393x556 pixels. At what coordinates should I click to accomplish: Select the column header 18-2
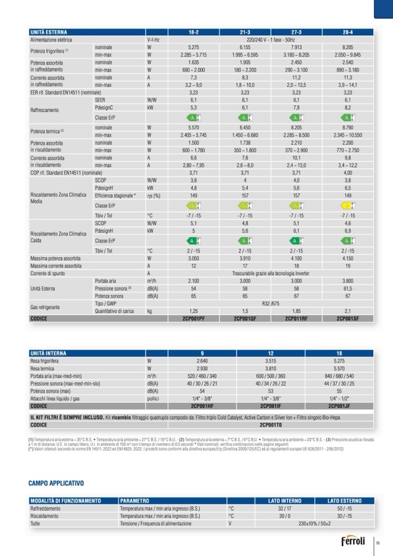click(x=194, y=32)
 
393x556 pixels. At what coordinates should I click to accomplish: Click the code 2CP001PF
click(x=194, y=318)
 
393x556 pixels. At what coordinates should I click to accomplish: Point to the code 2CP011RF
click(x=296, y=318)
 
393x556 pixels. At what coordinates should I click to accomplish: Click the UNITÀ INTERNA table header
click(x=48, y=353)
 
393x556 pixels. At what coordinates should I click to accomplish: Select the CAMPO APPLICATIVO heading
click(x=56, y=483)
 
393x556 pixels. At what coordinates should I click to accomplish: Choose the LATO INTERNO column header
click(x=285, y=500)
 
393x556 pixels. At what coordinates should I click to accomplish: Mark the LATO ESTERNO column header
click(x=344, y=500)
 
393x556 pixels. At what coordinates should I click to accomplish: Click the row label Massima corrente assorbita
click(x=56, y=266)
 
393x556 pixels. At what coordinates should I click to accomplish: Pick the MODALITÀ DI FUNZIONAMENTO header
click(x=65, y=500)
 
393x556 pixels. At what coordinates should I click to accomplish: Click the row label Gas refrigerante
click(x=48, y=307)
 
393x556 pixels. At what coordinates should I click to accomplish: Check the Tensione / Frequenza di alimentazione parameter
click(x=155, y=523)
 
